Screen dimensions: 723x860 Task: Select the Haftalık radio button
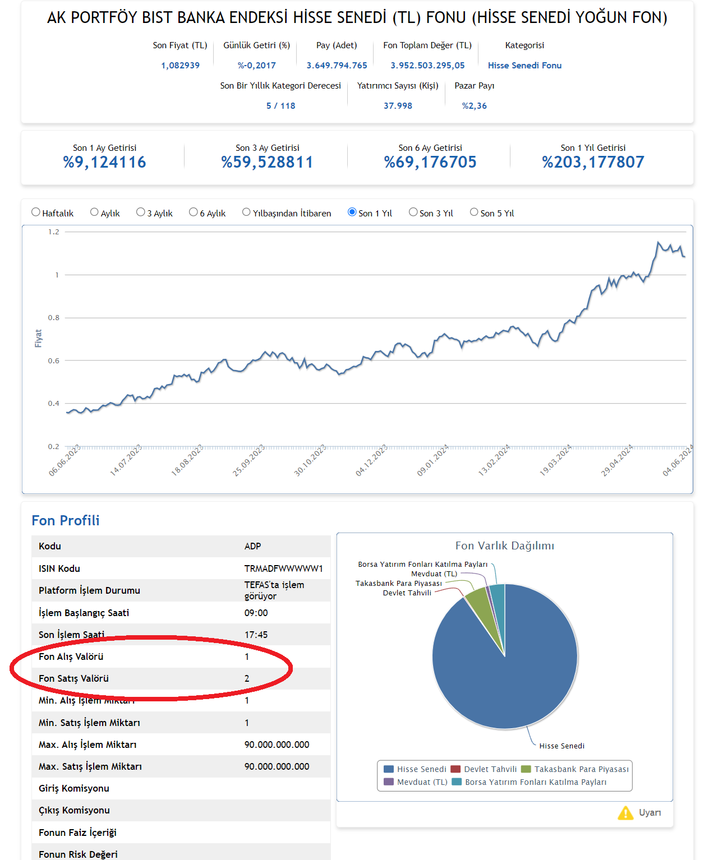[36, 212]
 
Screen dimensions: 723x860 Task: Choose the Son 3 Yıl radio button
[413, 212]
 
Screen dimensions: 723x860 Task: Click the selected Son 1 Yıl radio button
[352, 212]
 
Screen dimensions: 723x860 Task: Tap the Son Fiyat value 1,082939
[180, 66]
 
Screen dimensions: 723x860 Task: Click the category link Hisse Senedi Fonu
[524, 66]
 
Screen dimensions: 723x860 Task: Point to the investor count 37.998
[398, 106]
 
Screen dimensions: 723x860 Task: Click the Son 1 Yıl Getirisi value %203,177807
[593, 162]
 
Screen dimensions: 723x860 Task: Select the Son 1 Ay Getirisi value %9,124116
[104, 162]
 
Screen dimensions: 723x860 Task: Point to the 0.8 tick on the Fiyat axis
[54, 317]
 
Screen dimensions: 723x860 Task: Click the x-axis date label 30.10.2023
[310, 460]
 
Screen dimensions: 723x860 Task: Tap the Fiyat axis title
[38, 338]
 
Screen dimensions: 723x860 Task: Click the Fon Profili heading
[66, 521]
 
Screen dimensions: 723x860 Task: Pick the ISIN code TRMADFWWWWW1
[284, 569]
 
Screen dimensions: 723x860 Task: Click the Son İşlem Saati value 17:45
[256, 635]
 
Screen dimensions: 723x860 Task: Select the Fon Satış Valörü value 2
[247, 678]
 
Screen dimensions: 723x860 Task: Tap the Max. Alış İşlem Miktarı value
[277, 745]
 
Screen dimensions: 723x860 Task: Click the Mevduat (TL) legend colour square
[388, 782]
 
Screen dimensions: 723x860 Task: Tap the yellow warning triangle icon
[625, 813]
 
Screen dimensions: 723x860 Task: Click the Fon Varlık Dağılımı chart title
[505, 545]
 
